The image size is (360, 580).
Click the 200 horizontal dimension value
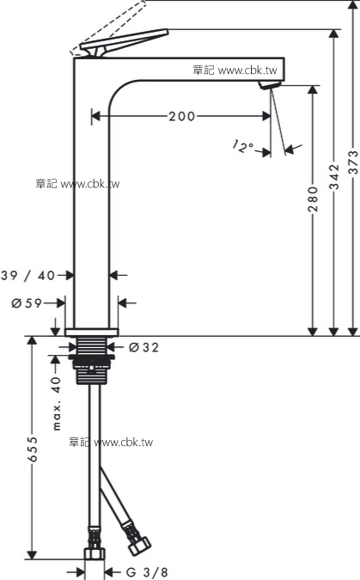pyautogui.click(x=182, y=117)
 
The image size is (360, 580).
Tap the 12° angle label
pyautogui.click(x=242, y=146)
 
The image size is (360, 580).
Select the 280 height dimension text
pyautogui.click(x=313, y=199)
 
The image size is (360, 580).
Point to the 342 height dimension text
pyautogui.click(x=334, y=177)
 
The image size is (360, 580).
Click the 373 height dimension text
pyautogui.click(x=354, y=162)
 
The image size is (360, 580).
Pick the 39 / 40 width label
pyautogui.click(x=28, y=276)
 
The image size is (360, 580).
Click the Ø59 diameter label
pyautogui.click(x=27, y=303)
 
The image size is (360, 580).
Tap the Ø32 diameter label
pyautogui.click(x=144, y=347)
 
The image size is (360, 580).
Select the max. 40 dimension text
pyautogui.click(x=56, y=404)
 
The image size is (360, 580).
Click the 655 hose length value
pyautogui.click(x=33, y=449)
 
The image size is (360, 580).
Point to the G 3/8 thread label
pyautogui.click(x=147, y=572)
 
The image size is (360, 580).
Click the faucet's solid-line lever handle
pyautogui.click(x=125, y=43)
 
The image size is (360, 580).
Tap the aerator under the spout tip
pyautogui.click(x=270, y=85)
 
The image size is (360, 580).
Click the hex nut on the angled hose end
pyautogui.click(x=140, y=545)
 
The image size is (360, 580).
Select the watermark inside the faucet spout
pyautogui.click(x=235, y=70)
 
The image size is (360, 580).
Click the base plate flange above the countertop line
pyautogui.click(x=92, y=333)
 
